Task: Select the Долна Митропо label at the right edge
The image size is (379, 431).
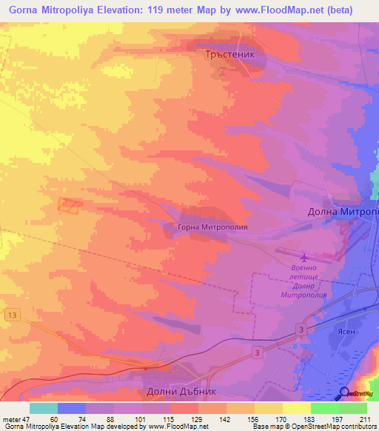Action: [343, 212]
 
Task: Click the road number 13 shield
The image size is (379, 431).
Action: [10, 315]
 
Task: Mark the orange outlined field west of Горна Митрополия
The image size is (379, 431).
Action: [70, 206]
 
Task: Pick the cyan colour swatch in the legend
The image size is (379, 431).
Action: [43, 407]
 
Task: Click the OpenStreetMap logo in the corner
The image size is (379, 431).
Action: [358, 394]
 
